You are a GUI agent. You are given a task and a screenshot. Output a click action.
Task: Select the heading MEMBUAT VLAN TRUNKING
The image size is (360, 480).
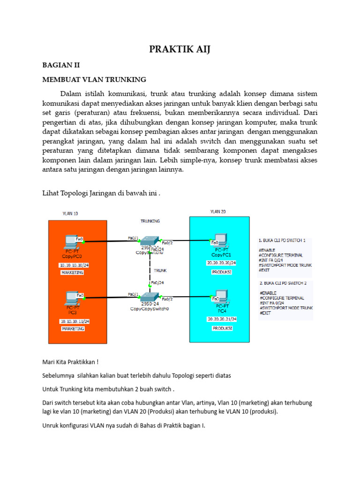tap(94, 79)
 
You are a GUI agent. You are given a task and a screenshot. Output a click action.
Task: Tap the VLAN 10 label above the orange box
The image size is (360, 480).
tap(70, 213)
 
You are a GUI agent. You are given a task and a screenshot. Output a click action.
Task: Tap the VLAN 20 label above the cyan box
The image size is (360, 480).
tap(217, 211)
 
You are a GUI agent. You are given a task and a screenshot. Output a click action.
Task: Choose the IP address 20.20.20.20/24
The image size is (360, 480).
tap(222, 263)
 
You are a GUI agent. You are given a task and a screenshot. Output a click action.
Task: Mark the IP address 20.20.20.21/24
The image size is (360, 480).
tap(222, 319)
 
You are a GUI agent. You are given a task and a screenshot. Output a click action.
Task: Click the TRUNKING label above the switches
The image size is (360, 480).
tap(150, 220)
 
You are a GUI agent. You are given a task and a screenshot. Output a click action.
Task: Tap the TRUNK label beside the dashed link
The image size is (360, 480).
tap(160, 270)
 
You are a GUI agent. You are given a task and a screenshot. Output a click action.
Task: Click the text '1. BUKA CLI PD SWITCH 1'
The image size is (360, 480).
tap(283, 240)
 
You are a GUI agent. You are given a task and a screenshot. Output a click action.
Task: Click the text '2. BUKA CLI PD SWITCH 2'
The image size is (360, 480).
tap(283, 284)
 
